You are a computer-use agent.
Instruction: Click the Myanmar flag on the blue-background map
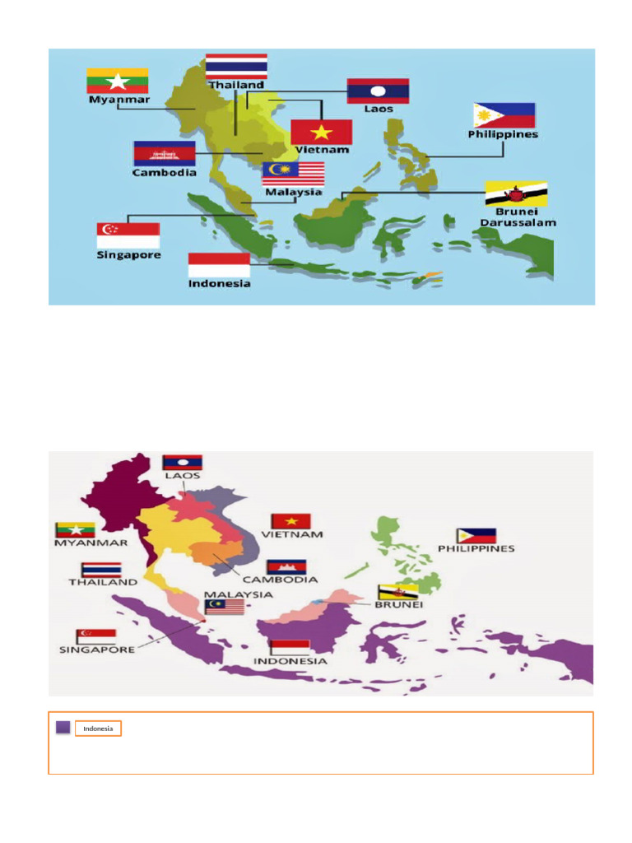(118, 81)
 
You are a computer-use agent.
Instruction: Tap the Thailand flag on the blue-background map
(236, 66)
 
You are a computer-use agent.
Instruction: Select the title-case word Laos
(379, 109)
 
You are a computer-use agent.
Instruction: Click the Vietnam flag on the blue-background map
(321, 133)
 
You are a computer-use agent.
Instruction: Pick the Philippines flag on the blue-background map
(504, 115)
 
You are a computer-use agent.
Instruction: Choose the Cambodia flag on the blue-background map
(165, 154)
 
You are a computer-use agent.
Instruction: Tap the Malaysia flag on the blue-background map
(293, 174)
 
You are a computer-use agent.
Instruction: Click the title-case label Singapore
(128, 255)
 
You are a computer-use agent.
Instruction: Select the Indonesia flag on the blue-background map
(219, 265)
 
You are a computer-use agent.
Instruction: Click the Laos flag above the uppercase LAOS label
(182, 462)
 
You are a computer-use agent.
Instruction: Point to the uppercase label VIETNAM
(292, 534)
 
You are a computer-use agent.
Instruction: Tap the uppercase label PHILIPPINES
(476, 548)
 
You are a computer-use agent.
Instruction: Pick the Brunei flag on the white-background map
(391, 592)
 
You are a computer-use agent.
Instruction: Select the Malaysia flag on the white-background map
(225, 607)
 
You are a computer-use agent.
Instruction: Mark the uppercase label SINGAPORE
(96, 650)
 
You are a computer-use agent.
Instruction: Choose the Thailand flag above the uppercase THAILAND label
(101, 570)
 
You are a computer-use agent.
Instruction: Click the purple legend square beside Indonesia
(63, 728)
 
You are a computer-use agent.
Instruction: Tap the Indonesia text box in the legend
(98, 729)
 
